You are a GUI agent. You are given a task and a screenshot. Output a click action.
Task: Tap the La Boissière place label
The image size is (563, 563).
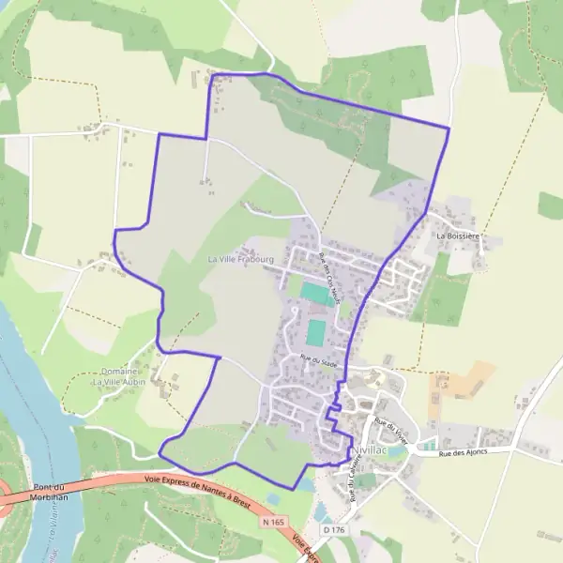click(458, 236)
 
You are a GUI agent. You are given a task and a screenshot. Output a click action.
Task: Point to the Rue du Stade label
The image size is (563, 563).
click(318, 359)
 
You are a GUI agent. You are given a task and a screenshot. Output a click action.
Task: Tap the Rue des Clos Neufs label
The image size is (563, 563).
click(328, 272)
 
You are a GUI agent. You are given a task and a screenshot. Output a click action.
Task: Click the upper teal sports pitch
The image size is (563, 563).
click(315, 293)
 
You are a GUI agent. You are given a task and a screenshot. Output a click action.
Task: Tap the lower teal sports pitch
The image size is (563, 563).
click(316, 332)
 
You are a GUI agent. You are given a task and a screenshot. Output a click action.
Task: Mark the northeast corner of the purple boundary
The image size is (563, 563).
click(449, 129)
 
